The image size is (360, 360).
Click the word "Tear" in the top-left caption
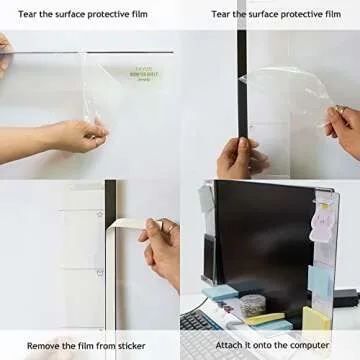coord(29,14)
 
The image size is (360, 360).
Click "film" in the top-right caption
coord(327,14)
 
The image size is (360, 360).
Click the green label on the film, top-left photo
coord(144,75)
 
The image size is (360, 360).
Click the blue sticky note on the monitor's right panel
coord(321,280)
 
